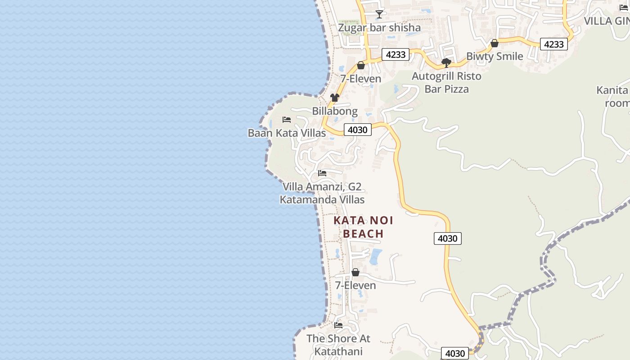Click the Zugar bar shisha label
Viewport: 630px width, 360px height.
pos(379,28)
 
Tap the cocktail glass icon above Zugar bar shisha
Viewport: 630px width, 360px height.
pos(379,14)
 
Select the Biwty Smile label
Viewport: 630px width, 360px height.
pos(495,57)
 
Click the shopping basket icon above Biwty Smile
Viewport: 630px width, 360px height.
pos(495,43)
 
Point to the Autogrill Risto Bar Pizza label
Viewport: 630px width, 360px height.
pos(446,83)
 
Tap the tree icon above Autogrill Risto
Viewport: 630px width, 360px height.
pos(446,63)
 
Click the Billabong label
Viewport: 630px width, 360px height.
pos(335,111)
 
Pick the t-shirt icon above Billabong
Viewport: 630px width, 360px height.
pos(334,97)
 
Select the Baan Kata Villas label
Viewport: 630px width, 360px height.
pos(287,133)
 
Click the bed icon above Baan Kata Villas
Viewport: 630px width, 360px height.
pos(287,120)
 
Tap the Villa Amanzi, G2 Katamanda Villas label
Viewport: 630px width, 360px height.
pos(322,193)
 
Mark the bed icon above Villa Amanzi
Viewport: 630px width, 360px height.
pos(322,173)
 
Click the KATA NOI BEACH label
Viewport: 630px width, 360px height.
pos(363,227)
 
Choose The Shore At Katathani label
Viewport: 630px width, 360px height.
pos(338,345)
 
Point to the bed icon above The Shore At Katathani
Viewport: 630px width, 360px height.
pos(338,325)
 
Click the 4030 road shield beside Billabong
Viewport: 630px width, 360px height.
pos(358,130)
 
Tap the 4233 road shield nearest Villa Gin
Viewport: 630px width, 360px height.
pos(553,44)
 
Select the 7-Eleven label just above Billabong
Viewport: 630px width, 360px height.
pos(360,79)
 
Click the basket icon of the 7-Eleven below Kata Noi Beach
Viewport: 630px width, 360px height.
pos(355,272)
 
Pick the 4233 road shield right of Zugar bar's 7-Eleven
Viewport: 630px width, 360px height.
pos(396,55)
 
